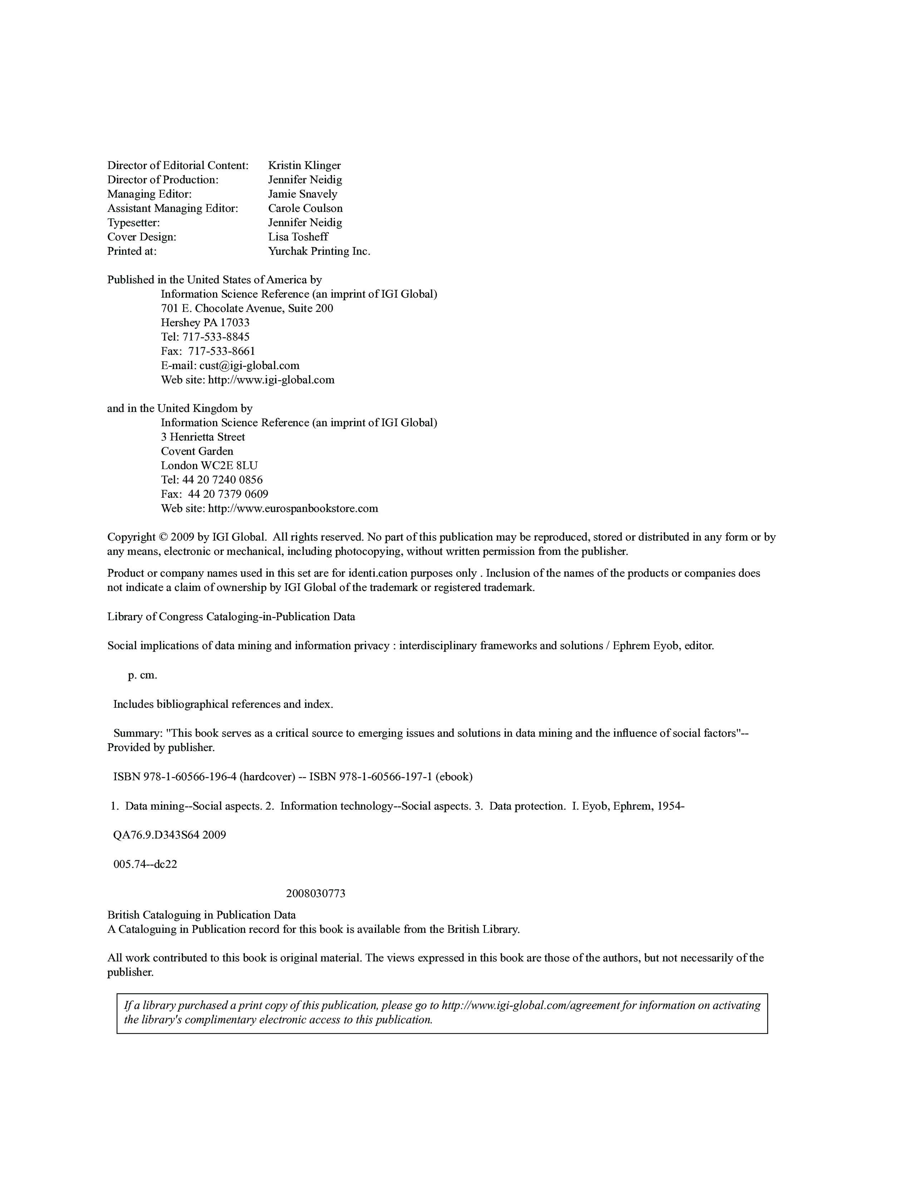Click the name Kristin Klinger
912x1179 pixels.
304,165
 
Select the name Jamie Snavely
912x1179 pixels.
303,194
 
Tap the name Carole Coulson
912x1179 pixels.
305,208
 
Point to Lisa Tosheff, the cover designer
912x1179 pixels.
298,237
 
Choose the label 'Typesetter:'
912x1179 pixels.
133,223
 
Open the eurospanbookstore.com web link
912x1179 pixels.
293,508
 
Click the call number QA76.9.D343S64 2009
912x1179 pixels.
169,835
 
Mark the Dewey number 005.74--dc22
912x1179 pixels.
145,864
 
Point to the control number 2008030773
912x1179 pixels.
315,894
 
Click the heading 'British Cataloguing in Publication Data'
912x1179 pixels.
201,915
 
